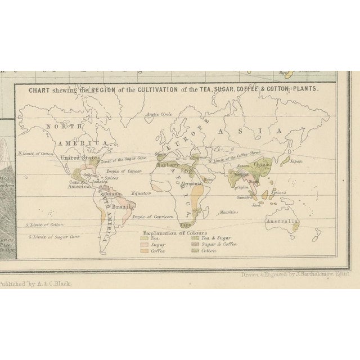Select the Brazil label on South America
coord(120,206)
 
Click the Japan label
coord(296,161)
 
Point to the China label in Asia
coord(262,164)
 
